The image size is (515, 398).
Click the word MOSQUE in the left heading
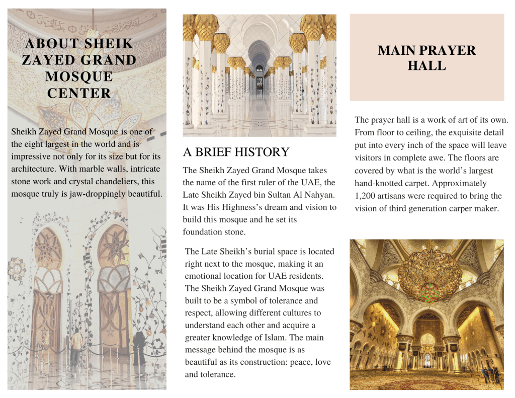79,77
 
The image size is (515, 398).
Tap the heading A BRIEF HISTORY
236,152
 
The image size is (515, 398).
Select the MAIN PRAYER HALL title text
426,58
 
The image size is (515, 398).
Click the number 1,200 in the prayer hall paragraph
366,196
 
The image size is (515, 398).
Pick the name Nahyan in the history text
320,195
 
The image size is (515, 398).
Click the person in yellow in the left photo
76,344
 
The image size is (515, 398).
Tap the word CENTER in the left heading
79,94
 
